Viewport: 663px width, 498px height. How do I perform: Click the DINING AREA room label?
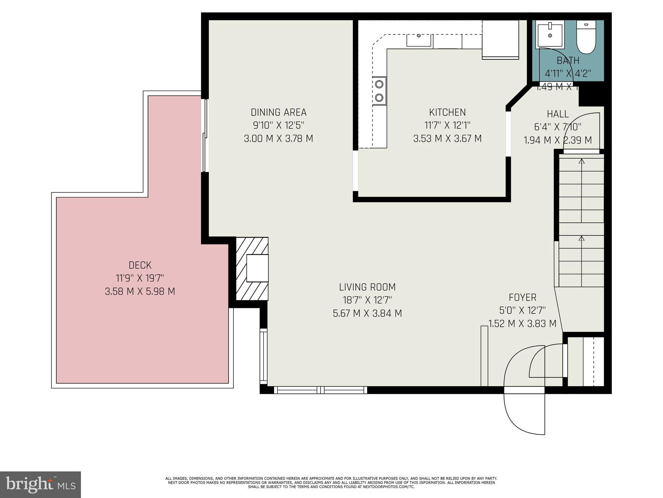[x=278, y=112]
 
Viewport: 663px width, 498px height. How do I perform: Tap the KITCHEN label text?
[x=447, y=112]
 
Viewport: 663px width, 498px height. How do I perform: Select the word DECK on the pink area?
[x=140, y=265]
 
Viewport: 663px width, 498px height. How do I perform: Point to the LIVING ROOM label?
[x=367, y=287]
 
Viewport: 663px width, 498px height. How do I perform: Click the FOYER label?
[x=522, y=297]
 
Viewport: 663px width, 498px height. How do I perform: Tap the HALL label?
[x=557, y=114]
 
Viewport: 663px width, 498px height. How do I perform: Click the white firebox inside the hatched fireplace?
[x=257, y=268]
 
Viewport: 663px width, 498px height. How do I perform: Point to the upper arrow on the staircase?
[x=581, y=161]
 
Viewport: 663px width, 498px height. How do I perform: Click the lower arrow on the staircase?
[x=581, y=238]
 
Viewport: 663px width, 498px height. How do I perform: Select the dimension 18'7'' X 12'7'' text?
[x=367, y=300]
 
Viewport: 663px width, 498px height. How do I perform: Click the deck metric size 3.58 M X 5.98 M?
[x=140, y=291]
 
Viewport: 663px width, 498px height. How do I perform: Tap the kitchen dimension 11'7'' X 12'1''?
[x=447, y=125]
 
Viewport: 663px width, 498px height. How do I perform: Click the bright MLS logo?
[x=40, y=484]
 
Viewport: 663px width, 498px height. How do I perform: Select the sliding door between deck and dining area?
[x=205, y=136]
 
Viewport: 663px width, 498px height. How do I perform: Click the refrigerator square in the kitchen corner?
[x=500, y=40]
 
